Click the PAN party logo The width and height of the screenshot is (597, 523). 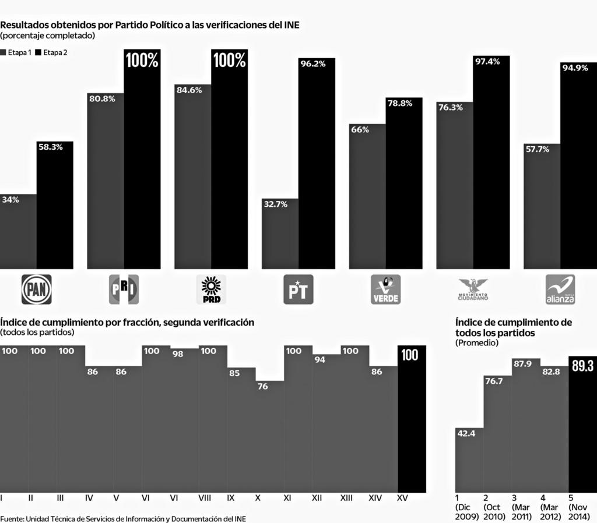(x=36, y=289)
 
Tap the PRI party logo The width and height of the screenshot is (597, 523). (x=124, y=289)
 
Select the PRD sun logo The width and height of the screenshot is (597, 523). (x=210, y=289)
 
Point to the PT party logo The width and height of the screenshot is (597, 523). (x=298, y=289)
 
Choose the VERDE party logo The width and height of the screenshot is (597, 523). (x=385, y=289)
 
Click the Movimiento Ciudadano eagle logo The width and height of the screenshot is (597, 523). (x=473, y=289)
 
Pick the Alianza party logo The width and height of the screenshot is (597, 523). (x=560, y=289)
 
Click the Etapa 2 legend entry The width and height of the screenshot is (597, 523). (x=51, y=52)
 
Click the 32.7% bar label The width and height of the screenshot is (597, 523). (x=275, y=204)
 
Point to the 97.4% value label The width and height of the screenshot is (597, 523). (x=487, y=62)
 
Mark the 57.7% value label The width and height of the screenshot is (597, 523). (x=536, y=149)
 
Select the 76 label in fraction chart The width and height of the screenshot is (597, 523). (x=262, y=386)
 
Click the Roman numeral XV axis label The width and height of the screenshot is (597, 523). (x=402, y=499)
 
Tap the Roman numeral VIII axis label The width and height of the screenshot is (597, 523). (x=205, y=499)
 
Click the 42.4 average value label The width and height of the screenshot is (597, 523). (x=466, y=433)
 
